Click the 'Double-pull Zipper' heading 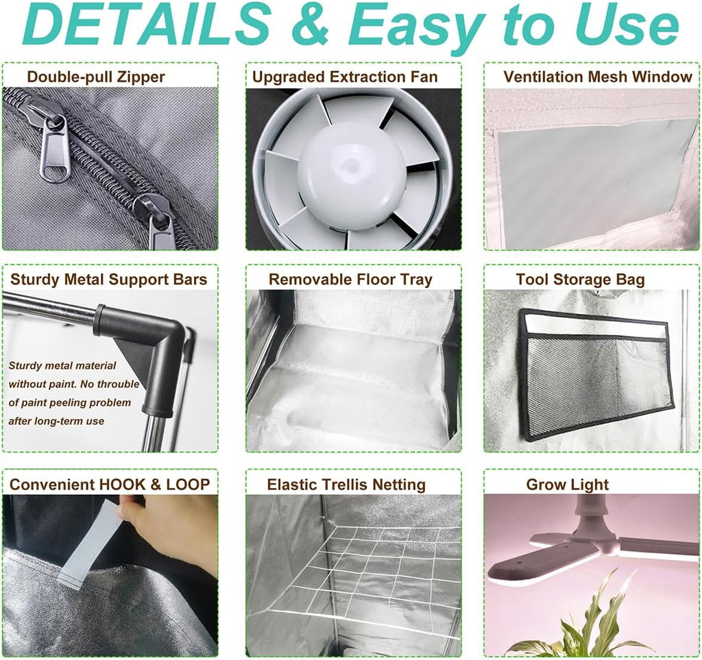[x=96, y=77]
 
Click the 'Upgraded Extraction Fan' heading [x=345, y=77]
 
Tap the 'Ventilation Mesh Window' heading [x=598, y=77]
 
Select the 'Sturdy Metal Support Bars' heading [x=109, y=279]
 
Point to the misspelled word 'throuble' [x=118, y=384]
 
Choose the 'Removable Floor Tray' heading [x=350, y=279]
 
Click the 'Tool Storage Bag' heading [x=580, y=280]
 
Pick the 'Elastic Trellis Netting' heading [x=346, y=484]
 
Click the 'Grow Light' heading [x=567, y=484]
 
